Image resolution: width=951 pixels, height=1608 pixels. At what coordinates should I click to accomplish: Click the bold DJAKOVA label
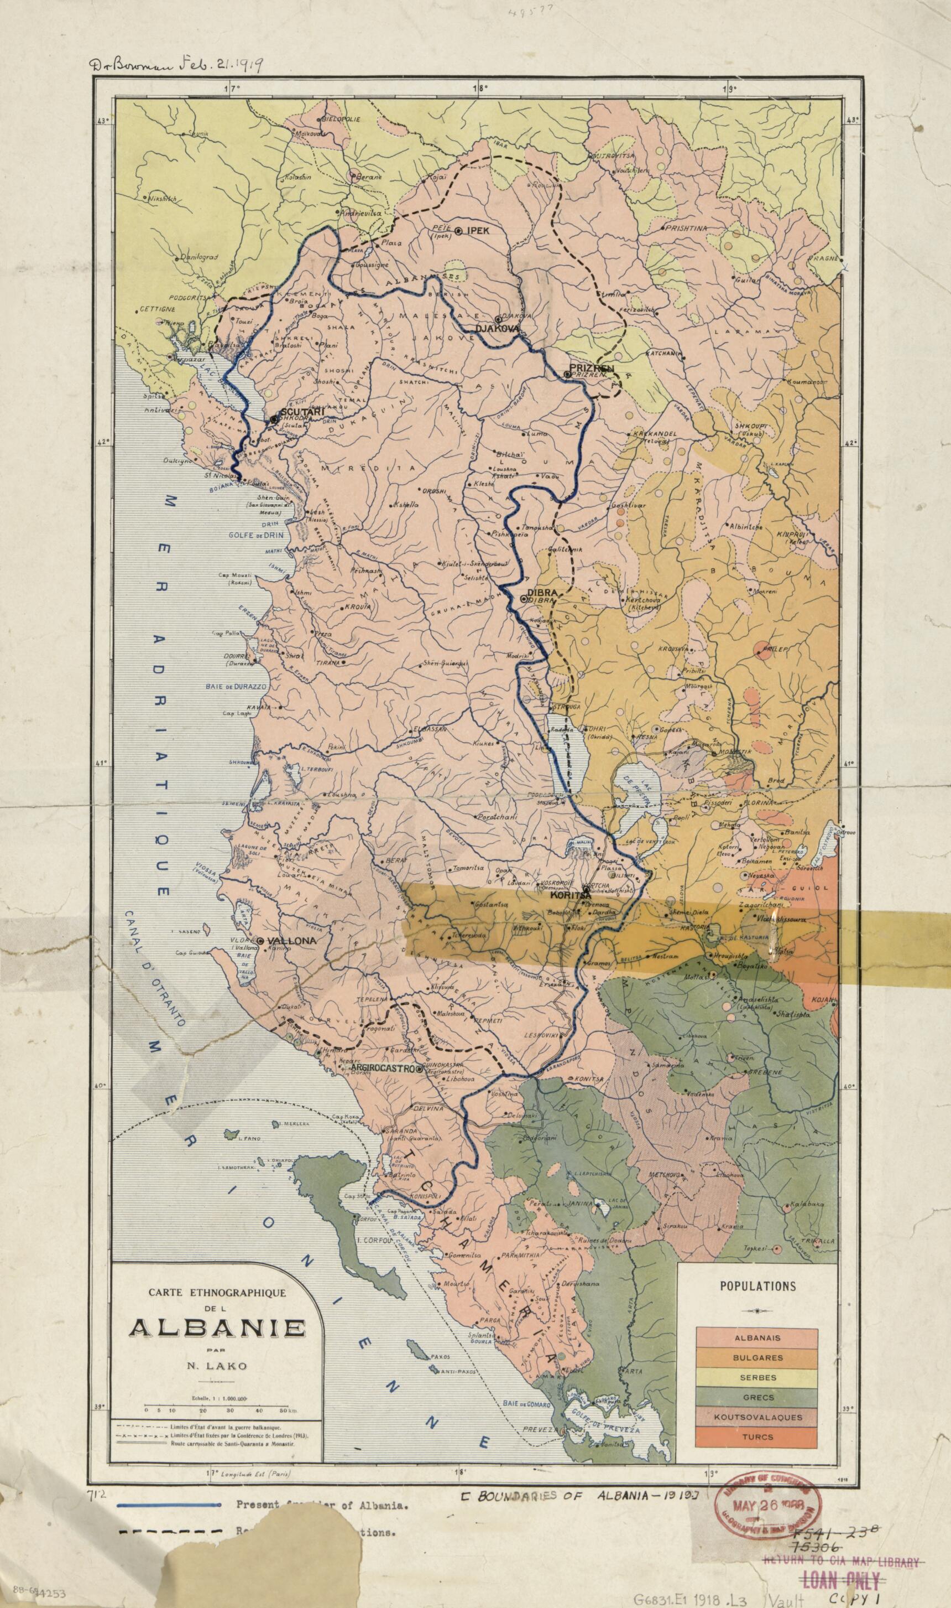[x=495, y=328]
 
